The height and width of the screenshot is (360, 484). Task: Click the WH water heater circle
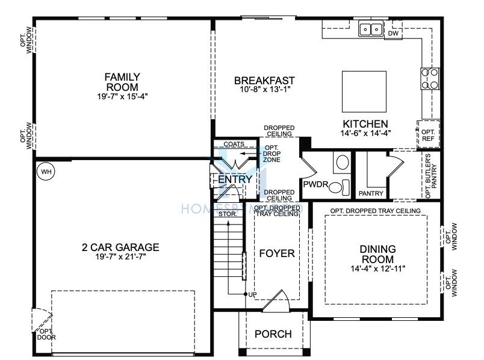click(x=46, y=172)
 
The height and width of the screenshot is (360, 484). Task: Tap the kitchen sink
click(x=371, y=29)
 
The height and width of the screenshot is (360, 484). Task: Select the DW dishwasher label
click(x=393, y=33)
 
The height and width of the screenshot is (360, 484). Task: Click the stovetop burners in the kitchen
click(x=430, y=79)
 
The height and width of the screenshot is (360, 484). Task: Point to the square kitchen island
click(x=364, y=92)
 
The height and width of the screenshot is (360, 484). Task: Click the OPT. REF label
click(x=428, y=135)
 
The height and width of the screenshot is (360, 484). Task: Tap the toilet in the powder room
click(x=339, y=187)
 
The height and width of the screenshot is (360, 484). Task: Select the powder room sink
click(x=343, y=162)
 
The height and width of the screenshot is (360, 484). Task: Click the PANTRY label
click(x=371, y=193)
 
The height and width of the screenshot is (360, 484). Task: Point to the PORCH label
click(x=273, y=334)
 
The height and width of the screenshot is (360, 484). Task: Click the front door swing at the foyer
click(x=276, y=301)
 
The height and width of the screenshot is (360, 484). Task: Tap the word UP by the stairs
click(x=252, y=294)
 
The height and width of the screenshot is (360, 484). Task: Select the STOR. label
click(x=228, y=214)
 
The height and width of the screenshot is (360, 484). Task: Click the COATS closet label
click(x=234, y=144)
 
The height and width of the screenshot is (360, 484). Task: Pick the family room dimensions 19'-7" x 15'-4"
click(x=123, y=96)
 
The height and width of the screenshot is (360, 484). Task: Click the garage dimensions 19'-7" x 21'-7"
click(x=120, y=256)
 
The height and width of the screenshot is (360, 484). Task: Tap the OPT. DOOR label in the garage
click(x=46, y=334)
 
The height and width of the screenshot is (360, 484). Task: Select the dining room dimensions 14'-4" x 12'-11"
click(x=377, y=268)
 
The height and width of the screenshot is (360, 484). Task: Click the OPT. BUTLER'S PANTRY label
click(x=431, y=176)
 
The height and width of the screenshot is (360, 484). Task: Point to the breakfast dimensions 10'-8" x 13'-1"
click(x=265, y=90)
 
